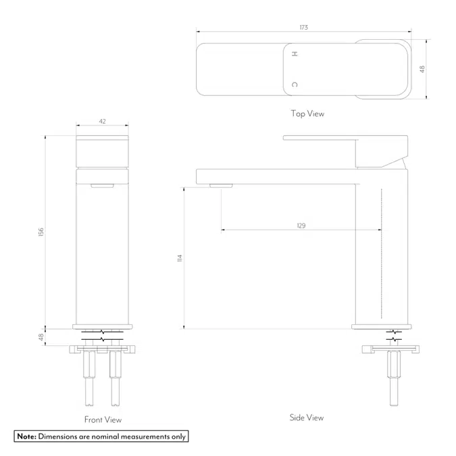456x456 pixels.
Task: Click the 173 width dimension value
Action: [303, 28]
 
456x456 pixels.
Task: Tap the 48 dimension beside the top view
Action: [422, 70]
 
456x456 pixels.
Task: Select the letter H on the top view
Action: [294, 53]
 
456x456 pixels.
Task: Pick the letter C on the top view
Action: [294, 84]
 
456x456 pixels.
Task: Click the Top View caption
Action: [307, 113]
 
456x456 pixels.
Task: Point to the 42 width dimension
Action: [103, 122]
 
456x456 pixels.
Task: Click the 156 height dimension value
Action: [41, 232]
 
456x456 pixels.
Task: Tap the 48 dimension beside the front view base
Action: [41, 336]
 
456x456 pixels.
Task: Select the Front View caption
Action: [103, 420]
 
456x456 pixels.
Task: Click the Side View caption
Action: [306, 417]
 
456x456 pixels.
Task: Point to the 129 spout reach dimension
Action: [301, 226]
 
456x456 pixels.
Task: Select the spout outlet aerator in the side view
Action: [221, 185]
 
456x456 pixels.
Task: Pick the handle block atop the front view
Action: [103, 151]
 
